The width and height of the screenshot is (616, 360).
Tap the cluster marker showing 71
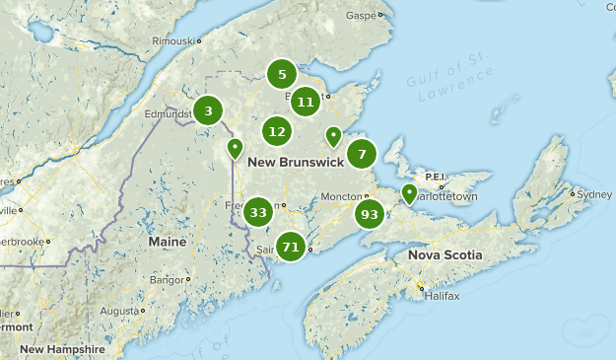(x=291, y=247)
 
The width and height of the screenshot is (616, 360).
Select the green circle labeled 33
(x=259, y=211)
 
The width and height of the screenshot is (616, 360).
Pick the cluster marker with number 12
(x=277, y=131)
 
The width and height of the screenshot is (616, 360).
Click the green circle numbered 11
(x=306, y=101)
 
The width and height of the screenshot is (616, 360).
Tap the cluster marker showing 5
(x=282, y=74)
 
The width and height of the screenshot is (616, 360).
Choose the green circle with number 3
(x=208, y=110)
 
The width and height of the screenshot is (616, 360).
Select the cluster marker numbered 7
(x=362, y=154)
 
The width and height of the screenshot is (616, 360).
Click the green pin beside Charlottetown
(x=409, y=192)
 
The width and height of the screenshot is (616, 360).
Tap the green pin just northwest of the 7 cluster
(x=333, y=136)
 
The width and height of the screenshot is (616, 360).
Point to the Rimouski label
(x=169, y=41)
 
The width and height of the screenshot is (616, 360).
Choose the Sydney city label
(x=594, y=193)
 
